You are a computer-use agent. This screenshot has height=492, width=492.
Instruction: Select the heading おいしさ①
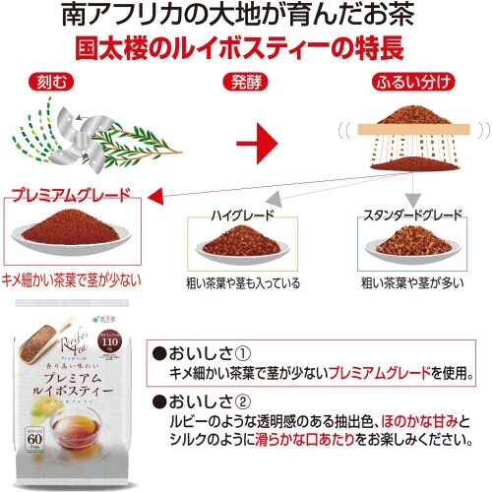[x=208, y=351]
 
